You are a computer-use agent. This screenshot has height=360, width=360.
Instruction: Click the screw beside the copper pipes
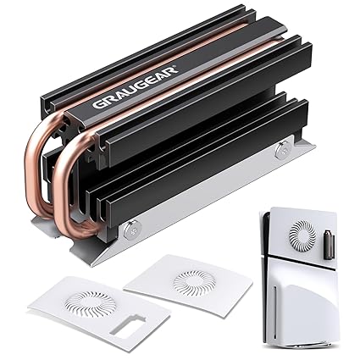point(130,229)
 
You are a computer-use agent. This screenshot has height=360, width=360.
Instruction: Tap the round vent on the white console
point(302,233)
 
